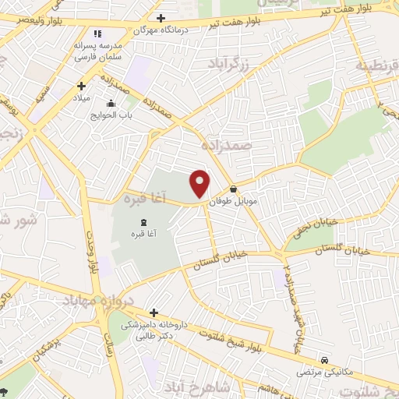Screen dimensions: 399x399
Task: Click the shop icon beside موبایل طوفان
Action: point(233,189)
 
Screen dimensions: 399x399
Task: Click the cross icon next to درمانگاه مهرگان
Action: point(161,17)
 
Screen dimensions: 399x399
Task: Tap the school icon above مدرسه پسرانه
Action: point(97,34)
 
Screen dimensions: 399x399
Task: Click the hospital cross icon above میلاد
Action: point(80,86)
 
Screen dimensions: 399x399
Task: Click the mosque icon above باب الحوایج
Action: point(111,103)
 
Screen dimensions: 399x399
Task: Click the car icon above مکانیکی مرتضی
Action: point(324,359)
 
